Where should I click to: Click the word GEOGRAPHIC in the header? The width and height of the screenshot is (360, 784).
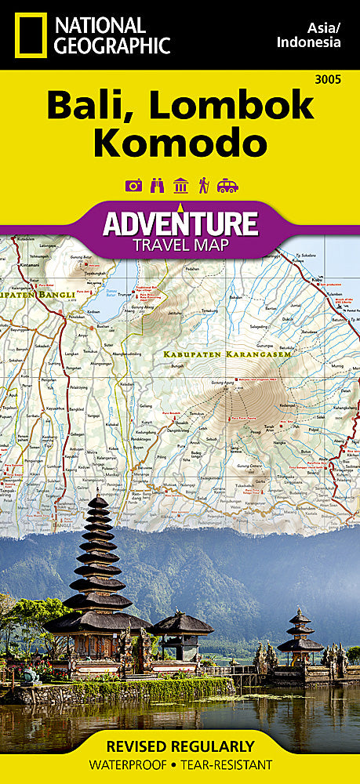click(111, 45)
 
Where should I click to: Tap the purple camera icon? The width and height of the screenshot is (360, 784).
click(134, 185)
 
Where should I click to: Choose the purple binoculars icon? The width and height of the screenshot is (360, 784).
click(157, 185)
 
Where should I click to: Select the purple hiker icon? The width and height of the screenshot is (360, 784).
click(203, 185)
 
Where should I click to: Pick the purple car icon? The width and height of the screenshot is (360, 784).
click(227, 185)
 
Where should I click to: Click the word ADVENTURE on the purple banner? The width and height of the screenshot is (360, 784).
click(180, 223)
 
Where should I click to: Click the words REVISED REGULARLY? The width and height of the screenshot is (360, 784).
click(180, 746)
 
